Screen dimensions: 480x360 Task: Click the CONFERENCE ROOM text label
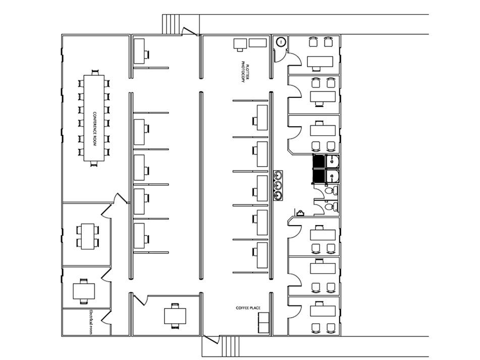tap(94, 129)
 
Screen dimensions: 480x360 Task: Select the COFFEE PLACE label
tap(248, 307)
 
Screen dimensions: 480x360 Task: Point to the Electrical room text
tap(90, 322)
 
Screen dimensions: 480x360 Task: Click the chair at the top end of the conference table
tap(95, 73)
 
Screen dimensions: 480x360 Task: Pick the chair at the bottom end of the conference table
tap(94, 164)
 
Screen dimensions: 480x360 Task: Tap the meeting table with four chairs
tap(88, 236)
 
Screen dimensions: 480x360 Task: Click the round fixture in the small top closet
tap(281, 42)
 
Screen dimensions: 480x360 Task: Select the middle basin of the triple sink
tap(278, 185)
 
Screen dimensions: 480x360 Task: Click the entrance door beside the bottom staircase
tap(211, 340)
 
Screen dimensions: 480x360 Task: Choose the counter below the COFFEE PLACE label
tap(263, 323)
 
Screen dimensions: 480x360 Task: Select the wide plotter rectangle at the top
tap(257, 43)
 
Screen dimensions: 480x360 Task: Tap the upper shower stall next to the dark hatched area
tap(333, 162)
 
